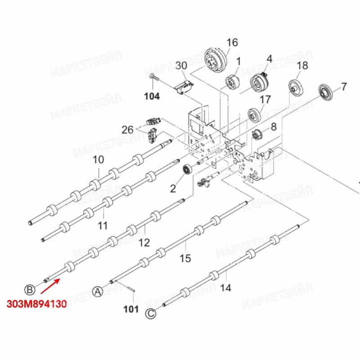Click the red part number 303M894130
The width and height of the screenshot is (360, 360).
tap(37, 304)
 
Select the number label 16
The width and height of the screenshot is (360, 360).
tap(232, 43)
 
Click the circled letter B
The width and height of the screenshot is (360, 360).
tap(29, 289)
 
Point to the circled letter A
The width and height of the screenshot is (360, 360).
tap(98, 291)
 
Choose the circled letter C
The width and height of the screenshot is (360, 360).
tap(151, 314)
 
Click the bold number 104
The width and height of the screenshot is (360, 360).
tap(152, 96)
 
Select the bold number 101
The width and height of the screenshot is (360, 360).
tap(131, 309)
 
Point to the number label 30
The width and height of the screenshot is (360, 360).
tap(181, 65)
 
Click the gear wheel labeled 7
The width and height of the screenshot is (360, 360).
tap(324, 91)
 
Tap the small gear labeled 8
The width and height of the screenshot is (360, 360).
tap(257, 133)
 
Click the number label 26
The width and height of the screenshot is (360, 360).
tap(127, 130)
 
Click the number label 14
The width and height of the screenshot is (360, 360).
tap(226, 287)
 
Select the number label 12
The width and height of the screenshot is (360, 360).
tap(144, 243)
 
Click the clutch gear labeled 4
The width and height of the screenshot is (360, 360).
tap(258, 83)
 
